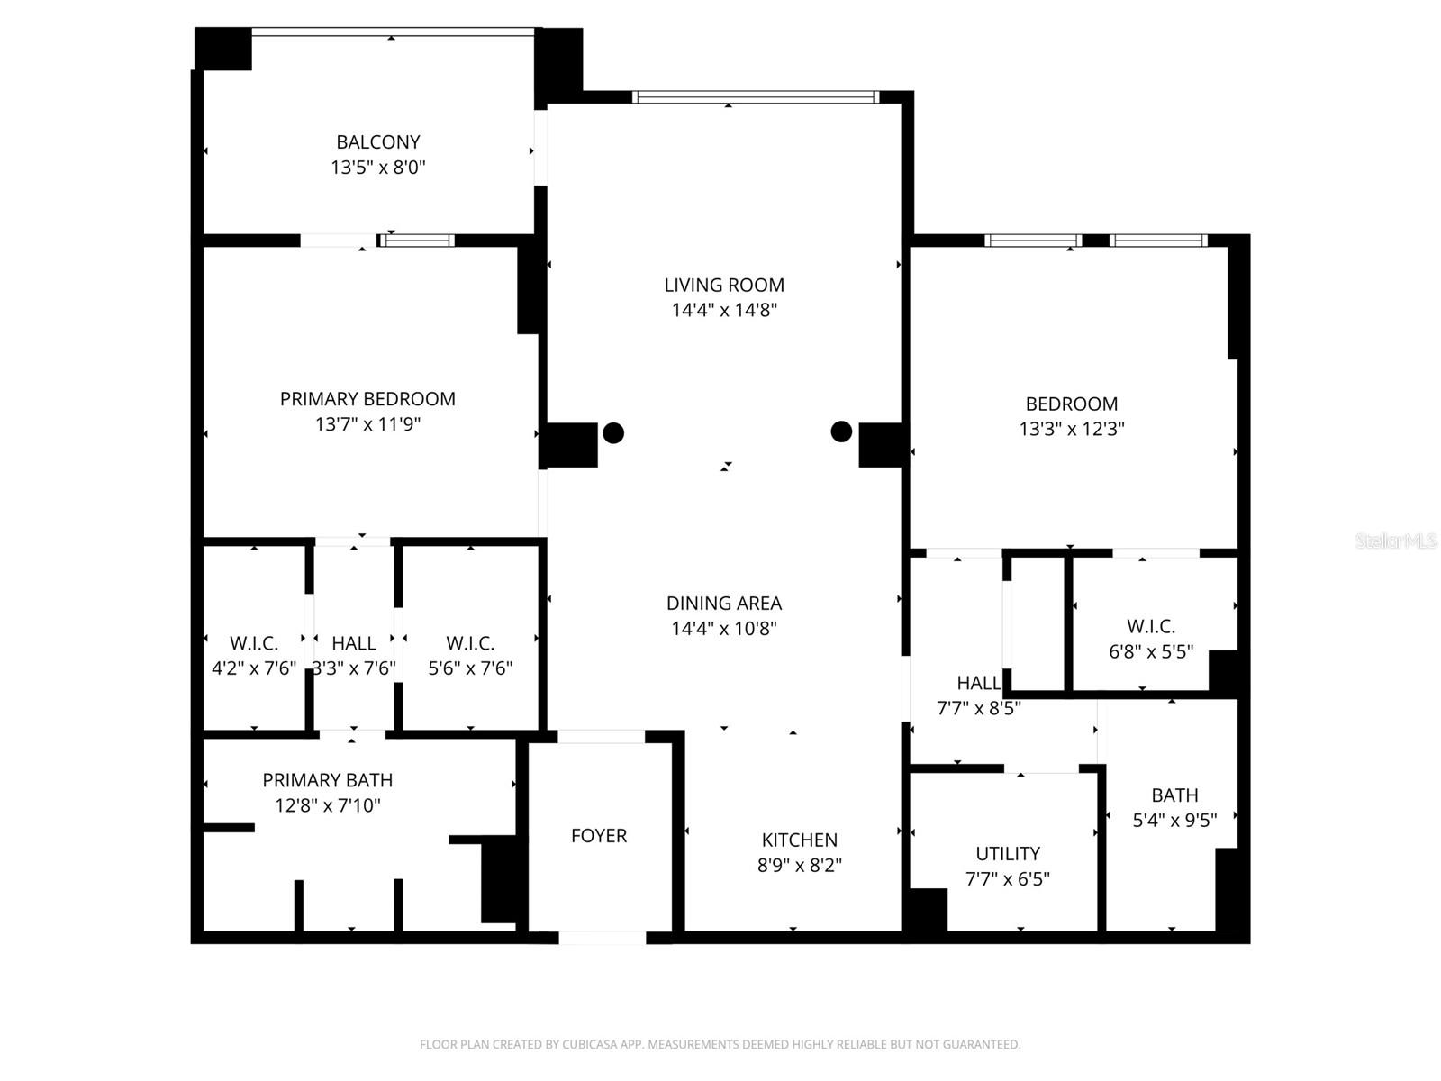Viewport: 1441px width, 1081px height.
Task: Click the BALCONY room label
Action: click(x=377, y=142)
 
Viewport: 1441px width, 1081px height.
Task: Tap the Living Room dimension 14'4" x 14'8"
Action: click(x=724, y=311)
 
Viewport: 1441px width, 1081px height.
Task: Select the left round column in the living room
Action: click(x=613, y=433)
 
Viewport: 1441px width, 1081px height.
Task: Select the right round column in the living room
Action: click(x=841, y=431)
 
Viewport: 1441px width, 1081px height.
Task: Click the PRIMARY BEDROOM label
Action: click(x=367, y=399)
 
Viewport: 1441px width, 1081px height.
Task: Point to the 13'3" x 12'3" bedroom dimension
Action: click(x=1071, y=430)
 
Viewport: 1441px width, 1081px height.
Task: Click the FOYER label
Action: click(x=599, y=836)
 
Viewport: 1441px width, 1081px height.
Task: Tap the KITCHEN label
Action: click(x=799, y=840)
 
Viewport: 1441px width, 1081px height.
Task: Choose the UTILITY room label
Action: click(x=1008, y=854)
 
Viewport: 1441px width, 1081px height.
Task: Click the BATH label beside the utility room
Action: click(x=1174, y=795)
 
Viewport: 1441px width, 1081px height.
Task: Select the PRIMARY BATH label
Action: click(x=327, y=780)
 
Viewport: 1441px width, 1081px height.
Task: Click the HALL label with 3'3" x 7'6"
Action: click(x=354, y=643)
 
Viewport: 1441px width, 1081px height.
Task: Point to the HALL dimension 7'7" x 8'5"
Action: click(x=978, y=708)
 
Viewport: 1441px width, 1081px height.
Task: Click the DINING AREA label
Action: click(x=724, y=604)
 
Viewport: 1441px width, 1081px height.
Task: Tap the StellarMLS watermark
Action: click(x=1396, y=541)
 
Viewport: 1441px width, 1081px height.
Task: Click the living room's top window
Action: click(x=755, y=96)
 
